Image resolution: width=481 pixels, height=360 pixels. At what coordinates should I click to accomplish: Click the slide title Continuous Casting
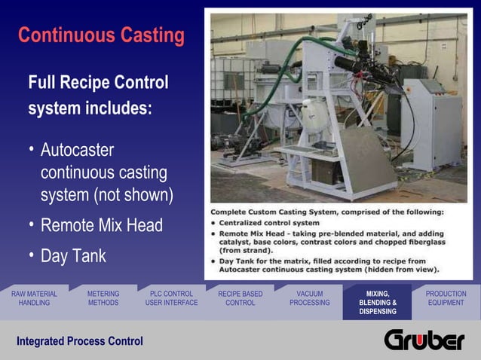tap(101, 35)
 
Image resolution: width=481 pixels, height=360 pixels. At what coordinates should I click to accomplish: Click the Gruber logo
tap(424, 340)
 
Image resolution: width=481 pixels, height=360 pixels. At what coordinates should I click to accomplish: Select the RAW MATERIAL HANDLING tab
tap(34, 298)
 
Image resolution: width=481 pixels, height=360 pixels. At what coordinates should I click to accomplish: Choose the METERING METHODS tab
tap(103, 298)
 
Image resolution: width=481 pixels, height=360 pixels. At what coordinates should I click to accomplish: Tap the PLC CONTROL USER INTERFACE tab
tap(171, 298)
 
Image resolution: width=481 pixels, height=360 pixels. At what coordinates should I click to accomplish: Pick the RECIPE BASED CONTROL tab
tap(240, 298)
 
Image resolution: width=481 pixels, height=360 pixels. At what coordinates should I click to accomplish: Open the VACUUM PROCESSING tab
tap(309, 298)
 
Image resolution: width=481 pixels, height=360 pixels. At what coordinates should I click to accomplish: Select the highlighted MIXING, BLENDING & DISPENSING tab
tap(378, 302)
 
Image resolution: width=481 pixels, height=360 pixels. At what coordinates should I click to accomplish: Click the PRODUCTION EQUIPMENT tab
tap(446, 298)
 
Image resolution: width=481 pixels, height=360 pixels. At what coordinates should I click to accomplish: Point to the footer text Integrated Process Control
tap(80, 341)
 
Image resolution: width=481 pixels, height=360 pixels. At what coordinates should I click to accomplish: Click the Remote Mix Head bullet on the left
tap(101, 225)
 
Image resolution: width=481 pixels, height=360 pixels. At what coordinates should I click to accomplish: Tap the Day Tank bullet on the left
tap(73, 256)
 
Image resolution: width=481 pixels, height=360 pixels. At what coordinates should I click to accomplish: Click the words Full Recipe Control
tap(98, 82)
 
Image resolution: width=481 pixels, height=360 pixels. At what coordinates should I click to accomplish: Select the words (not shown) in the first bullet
tap(133, 196)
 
